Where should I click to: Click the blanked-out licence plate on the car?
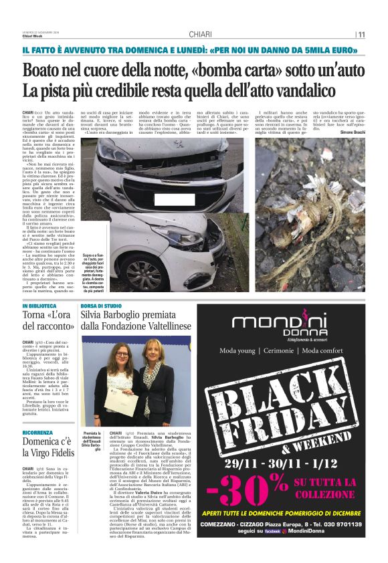point(174,199)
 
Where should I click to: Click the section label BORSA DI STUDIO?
point(101,305)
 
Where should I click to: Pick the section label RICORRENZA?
point(39,433)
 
